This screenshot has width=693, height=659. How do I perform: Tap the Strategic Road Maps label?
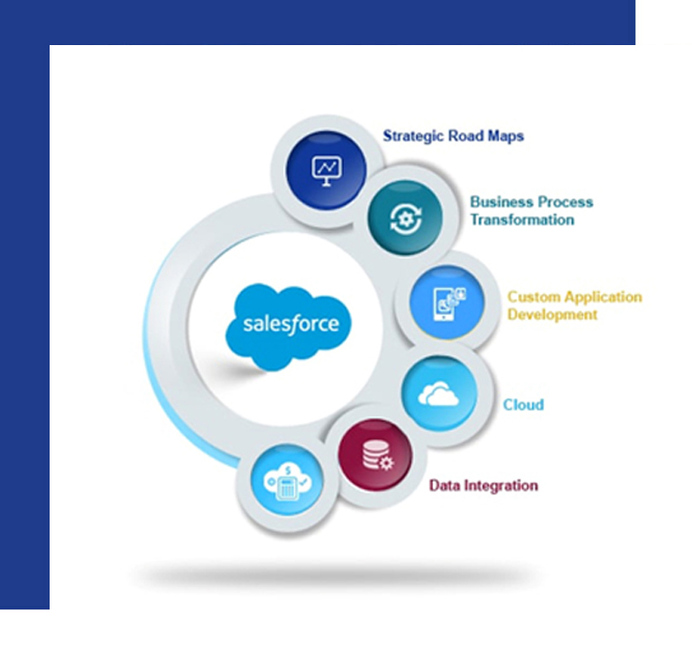pyautogui.click(x=453, y=136)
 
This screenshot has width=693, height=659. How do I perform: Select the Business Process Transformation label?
pyautogui.click(x=531, y=211)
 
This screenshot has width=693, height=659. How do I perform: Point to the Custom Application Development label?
pyautogui.click(x=575, y=306)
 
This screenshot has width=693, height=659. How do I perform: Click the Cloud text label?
pyautogui.click(x=523, y=405)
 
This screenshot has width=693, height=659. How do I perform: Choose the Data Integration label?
pyautogui.click(x=484, y=485)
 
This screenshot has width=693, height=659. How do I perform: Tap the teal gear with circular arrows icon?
pyautogui.click(x=406, y=218)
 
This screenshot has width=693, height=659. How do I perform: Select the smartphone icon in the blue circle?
pyautogui.click(x=448, y=304)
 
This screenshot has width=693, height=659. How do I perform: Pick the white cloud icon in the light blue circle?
pyautogui.click(x=439, y=394)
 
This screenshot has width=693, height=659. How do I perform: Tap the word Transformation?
pyautogui.click(x=522, y=220)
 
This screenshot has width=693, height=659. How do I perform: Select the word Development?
pyautogui.click(x=552, y=315)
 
